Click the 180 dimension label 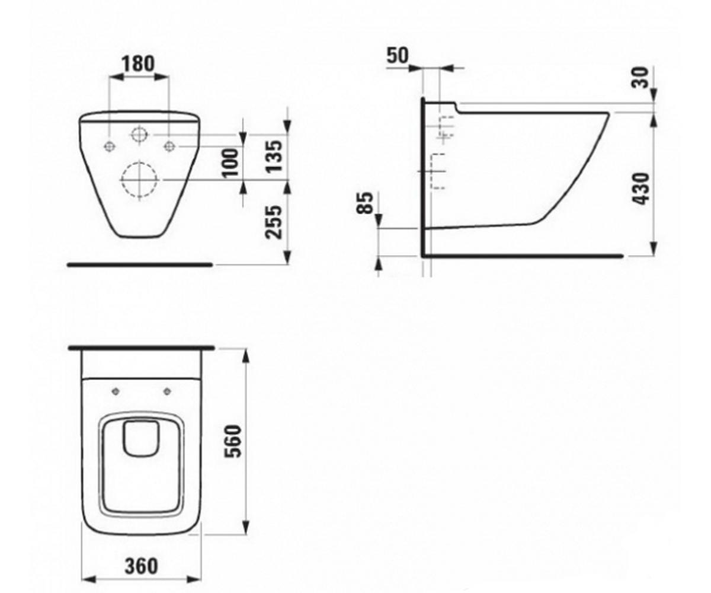(138, 63)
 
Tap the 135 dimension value (275, 156)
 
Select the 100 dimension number (230, 163)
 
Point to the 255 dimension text (274, 222)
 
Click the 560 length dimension (233, 441)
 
